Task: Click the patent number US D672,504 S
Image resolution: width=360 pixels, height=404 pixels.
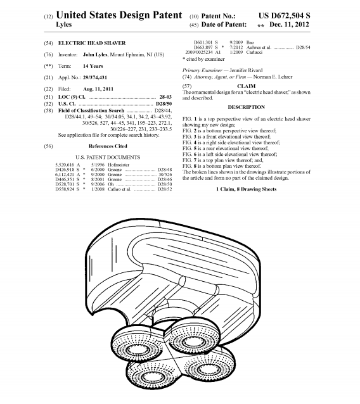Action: tap(284, 15)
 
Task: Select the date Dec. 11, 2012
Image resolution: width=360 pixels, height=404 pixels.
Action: tap(289, 25)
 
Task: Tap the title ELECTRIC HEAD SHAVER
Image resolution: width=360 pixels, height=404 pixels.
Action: tap(92, 43)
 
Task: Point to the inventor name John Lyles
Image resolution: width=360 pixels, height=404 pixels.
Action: tap(95, 54)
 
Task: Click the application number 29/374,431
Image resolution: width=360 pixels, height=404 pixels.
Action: tap(95, 77)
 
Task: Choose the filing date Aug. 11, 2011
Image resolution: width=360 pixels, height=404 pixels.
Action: tap(98, 89)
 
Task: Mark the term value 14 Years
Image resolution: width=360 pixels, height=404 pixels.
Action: tap(93, 66)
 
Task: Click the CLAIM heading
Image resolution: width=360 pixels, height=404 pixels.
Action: tap(247, 86)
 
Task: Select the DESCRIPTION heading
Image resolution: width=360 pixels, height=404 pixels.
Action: tap(247, 107)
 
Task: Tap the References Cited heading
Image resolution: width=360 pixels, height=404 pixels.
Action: tap(108, 146)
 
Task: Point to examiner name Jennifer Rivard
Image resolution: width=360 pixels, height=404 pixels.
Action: tap(246, 70)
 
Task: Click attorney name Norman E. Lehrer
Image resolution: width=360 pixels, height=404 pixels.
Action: tap(273, 77)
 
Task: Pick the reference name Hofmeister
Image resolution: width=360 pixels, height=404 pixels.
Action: tap(119, 165)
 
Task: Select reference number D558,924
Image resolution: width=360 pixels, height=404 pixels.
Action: tap(65, 189)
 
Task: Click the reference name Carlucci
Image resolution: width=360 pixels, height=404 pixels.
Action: tap(254, 53)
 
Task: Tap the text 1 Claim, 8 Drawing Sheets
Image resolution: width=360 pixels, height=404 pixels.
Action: tap(247, 189)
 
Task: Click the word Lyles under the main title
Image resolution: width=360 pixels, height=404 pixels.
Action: tap(63, 25)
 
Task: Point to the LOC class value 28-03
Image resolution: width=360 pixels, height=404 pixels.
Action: tap(165, 97)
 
